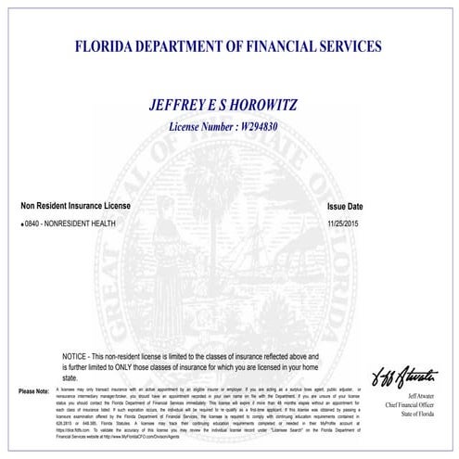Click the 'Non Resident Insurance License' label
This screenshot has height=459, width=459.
(76, 205)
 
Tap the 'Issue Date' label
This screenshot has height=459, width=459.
(345, 206)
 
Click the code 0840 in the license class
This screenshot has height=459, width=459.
(34, 225)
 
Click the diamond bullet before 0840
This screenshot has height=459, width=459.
(22, 225)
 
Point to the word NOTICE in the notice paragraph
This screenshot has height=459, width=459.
(77, 356)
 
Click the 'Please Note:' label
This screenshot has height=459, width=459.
(33, 391)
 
